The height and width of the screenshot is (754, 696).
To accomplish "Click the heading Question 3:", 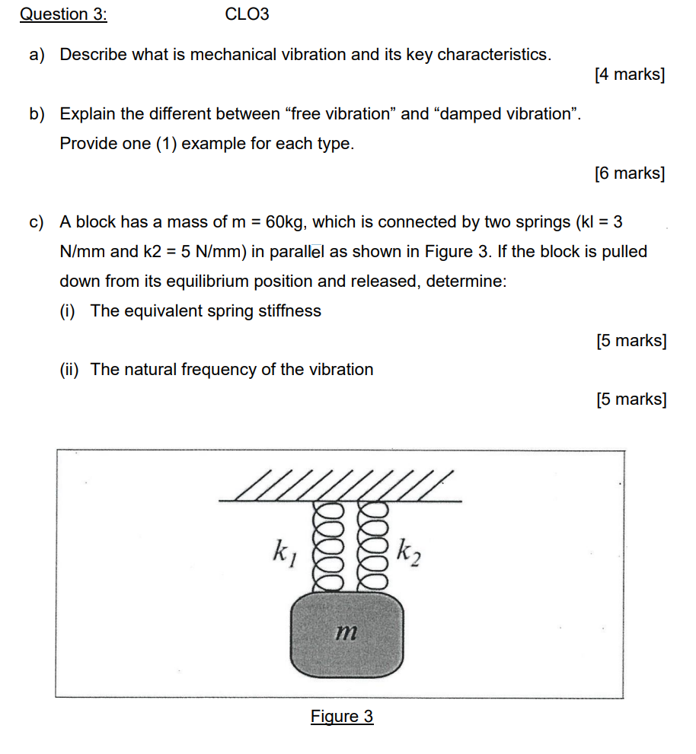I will pos(63,14).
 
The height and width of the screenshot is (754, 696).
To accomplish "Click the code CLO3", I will pos(247,14).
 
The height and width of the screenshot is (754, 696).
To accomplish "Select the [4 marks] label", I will pos(629,75).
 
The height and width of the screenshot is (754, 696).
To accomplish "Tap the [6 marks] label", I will pos(629,173).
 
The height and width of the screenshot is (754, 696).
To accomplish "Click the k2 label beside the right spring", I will pos(408,552).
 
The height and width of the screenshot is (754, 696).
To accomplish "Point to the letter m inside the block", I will pos(346,631).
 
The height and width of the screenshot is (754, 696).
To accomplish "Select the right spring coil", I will pos(372,546).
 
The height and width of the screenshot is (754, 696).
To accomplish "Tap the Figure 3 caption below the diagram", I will pos(342,717).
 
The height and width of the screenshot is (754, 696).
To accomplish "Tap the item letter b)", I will pos(37,114).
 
